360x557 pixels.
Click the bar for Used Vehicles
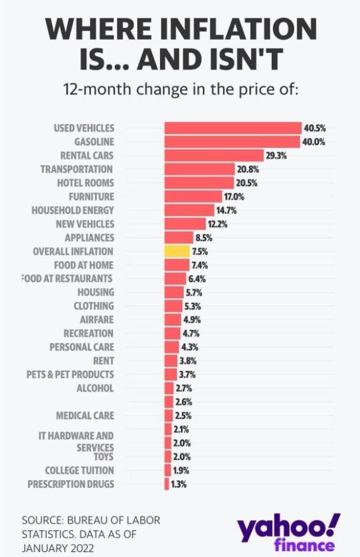point(233,128)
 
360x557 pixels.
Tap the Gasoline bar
point(232,142)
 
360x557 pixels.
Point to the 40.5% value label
point(314,128)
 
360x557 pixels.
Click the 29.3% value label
point(276,155)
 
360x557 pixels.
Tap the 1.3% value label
point(178,484)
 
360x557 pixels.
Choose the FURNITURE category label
point(91,197)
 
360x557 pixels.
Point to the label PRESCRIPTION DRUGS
point(71,484)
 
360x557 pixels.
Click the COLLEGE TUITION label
point(80,471)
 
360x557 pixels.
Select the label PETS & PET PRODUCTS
point(70,374)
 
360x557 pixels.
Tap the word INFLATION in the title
point(228,31)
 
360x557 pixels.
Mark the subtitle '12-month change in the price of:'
point(179,90)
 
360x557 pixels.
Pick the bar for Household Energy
point(189,210)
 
